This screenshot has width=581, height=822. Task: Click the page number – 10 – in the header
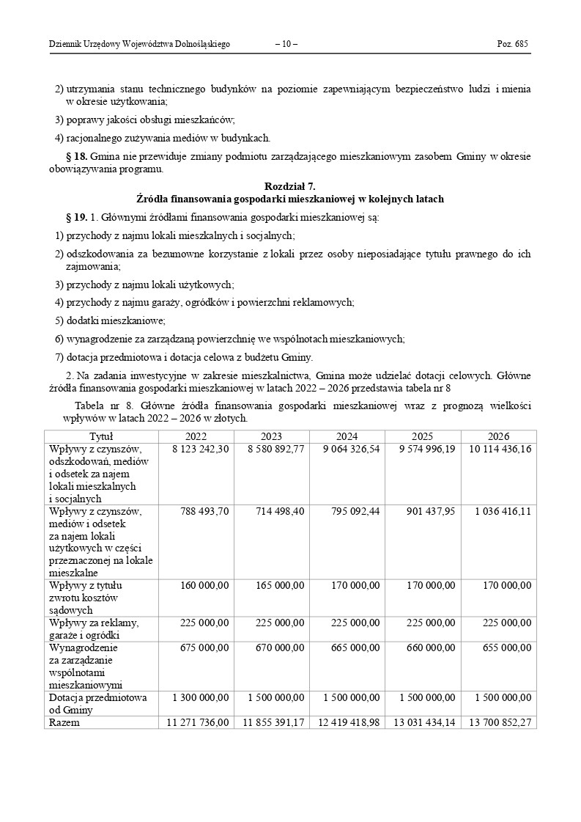(286, 44)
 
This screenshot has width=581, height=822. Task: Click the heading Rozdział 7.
(290, 187)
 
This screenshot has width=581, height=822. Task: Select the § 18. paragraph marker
(76, 156)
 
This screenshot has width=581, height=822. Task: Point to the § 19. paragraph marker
(76, 218)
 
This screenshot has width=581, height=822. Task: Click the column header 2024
(347, 436)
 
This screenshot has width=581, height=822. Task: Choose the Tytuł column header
(100, 436)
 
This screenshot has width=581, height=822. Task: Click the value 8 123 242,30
(201, 449)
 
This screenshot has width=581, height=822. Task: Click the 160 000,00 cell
(204, 585)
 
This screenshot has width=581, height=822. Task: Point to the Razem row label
(64, 722)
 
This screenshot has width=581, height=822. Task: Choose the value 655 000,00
(507, 648)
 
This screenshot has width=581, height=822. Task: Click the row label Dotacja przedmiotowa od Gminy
(98, 703)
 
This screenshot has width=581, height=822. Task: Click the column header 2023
(271, 436)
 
